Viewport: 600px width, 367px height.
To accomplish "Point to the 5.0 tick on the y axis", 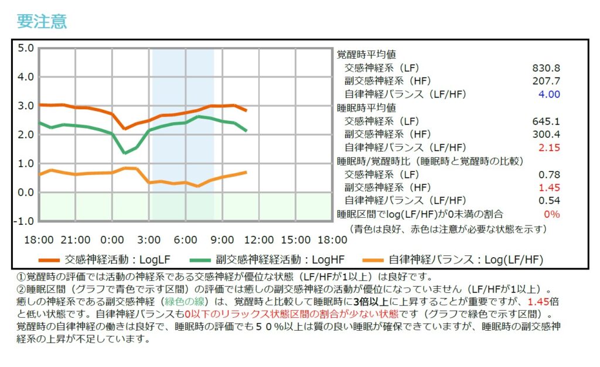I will pos(26,48).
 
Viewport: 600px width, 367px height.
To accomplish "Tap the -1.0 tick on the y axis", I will pos(24,221).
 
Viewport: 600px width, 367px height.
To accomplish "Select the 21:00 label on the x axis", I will pos(75,240).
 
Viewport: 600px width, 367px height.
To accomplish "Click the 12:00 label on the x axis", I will pos(258,240).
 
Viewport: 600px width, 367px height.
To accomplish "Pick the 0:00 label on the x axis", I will pos(112,240).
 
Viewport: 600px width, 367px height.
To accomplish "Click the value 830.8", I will pos(547,68).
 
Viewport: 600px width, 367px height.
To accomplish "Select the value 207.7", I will pos(547,81).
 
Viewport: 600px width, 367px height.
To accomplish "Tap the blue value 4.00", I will pos(549,94).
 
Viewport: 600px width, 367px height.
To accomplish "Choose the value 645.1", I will pos(547,122).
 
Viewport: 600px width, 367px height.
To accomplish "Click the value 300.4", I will pos(547,134).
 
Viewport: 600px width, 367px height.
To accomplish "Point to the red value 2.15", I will pos(549,147).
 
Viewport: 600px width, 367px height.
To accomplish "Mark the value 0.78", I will pos(550,174).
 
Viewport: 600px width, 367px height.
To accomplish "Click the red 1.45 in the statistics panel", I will pos(550,187).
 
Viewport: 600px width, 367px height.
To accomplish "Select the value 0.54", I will pos(550,201).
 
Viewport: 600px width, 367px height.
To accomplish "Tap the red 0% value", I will pos(551,214).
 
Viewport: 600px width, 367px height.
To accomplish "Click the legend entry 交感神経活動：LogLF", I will pos(117,259).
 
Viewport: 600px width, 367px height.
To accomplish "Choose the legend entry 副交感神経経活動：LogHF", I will pos(280,259).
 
